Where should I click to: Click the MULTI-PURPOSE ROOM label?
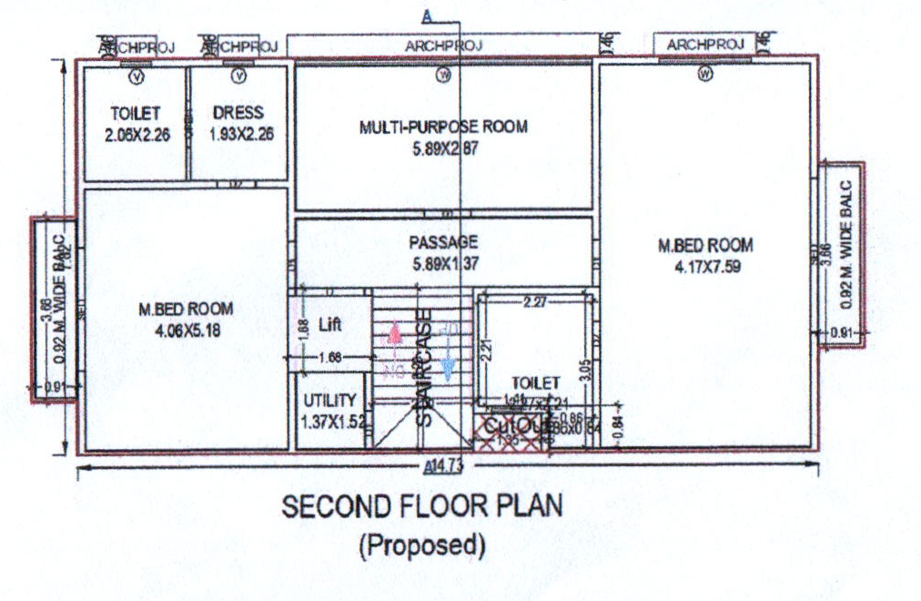443,127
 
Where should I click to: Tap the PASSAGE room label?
443,242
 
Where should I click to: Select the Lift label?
330,325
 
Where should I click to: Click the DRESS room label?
238,113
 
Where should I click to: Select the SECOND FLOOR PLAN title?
421,506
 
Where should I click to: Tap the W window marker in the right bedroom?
703,75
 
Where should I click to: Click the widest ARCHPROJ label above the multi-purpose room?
443,45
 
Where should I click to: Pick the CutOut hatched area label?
511,426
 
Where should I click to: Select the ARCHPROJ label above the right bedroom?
705,44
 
